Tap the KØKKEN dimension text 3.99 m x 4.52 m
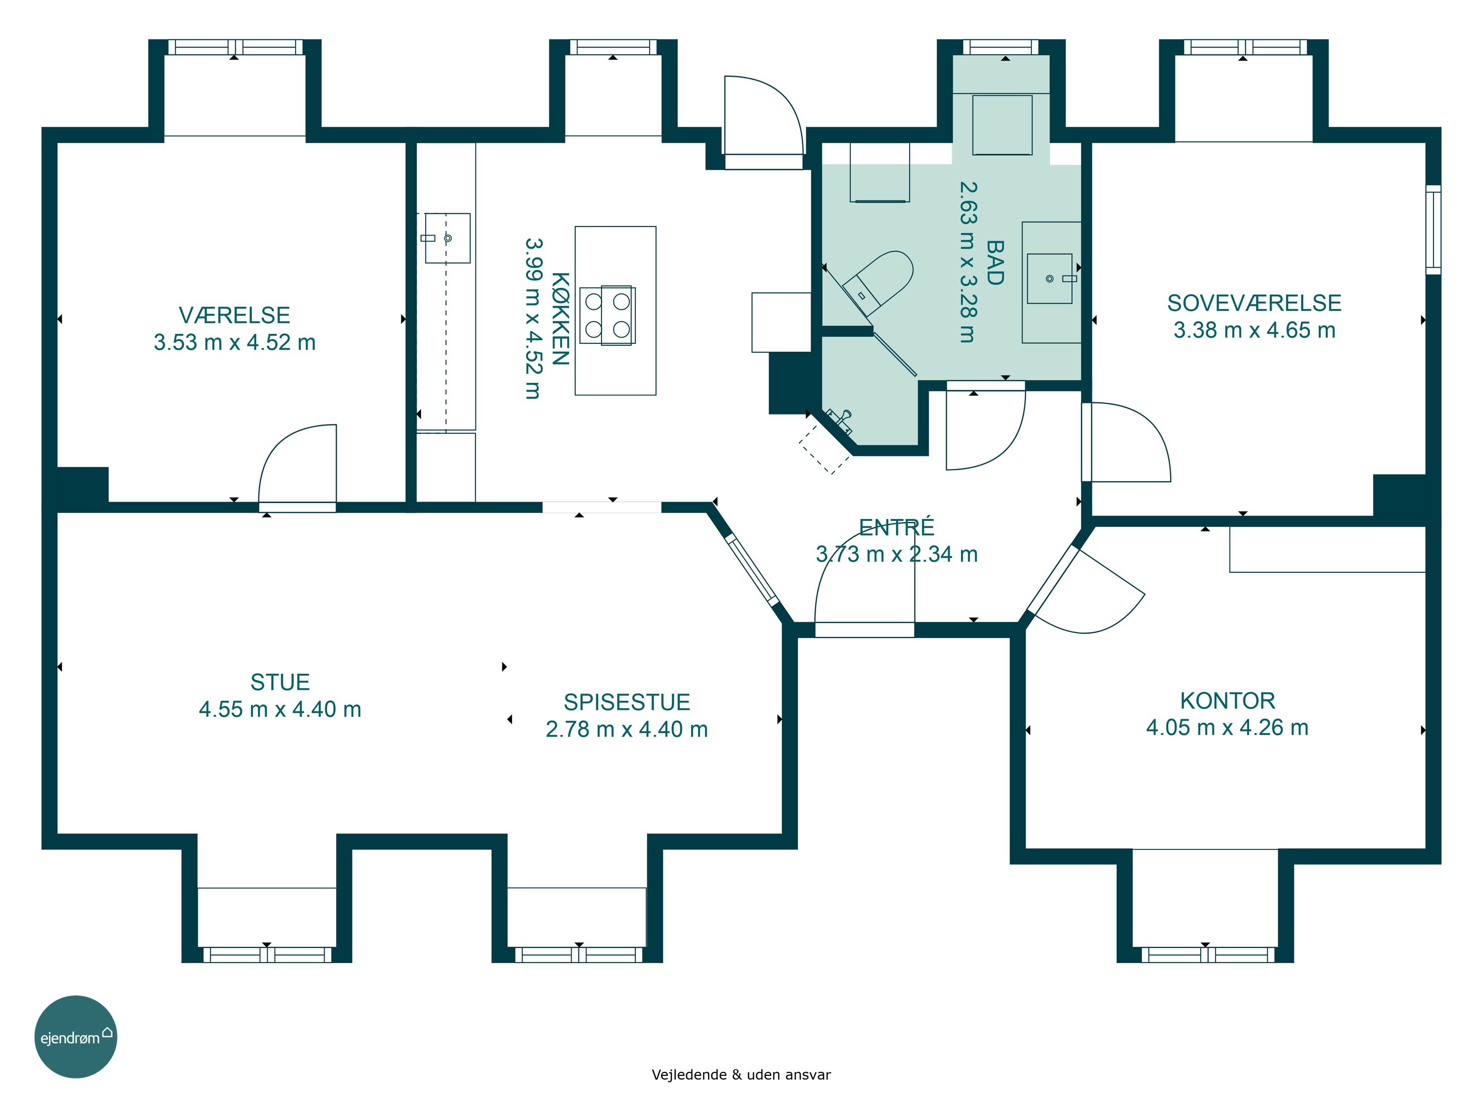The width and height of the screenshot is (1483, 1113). [x=532, y=319]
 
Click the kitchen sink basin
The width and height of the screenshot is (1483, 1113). [x=447, y=238]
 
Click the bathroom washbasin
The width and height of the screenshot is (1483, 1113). [x=1050, y=278]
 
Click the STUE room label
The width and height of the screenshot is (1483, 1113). [x=280, y=682]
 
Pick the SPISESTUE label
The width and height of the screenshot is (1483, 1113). [x=627, y=702]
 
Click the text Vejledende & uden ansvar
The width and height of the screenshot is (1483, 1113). [x=741, y=1075]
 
